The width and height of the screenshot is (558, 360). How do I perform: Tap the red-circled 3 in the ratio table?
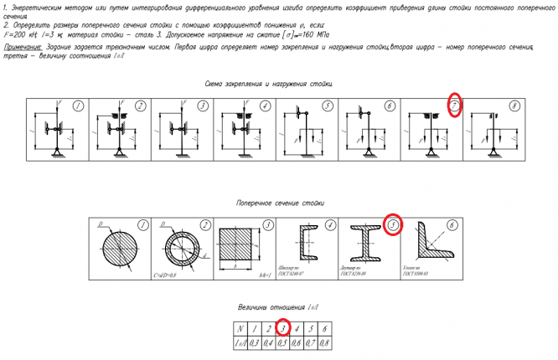(x=283, y=327)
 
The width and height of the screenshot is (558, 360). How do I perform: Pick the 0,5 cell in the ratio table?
(x=283, y=342)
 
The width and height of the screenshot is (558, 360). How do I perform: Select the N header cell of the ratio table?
(x=241, y=327)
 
